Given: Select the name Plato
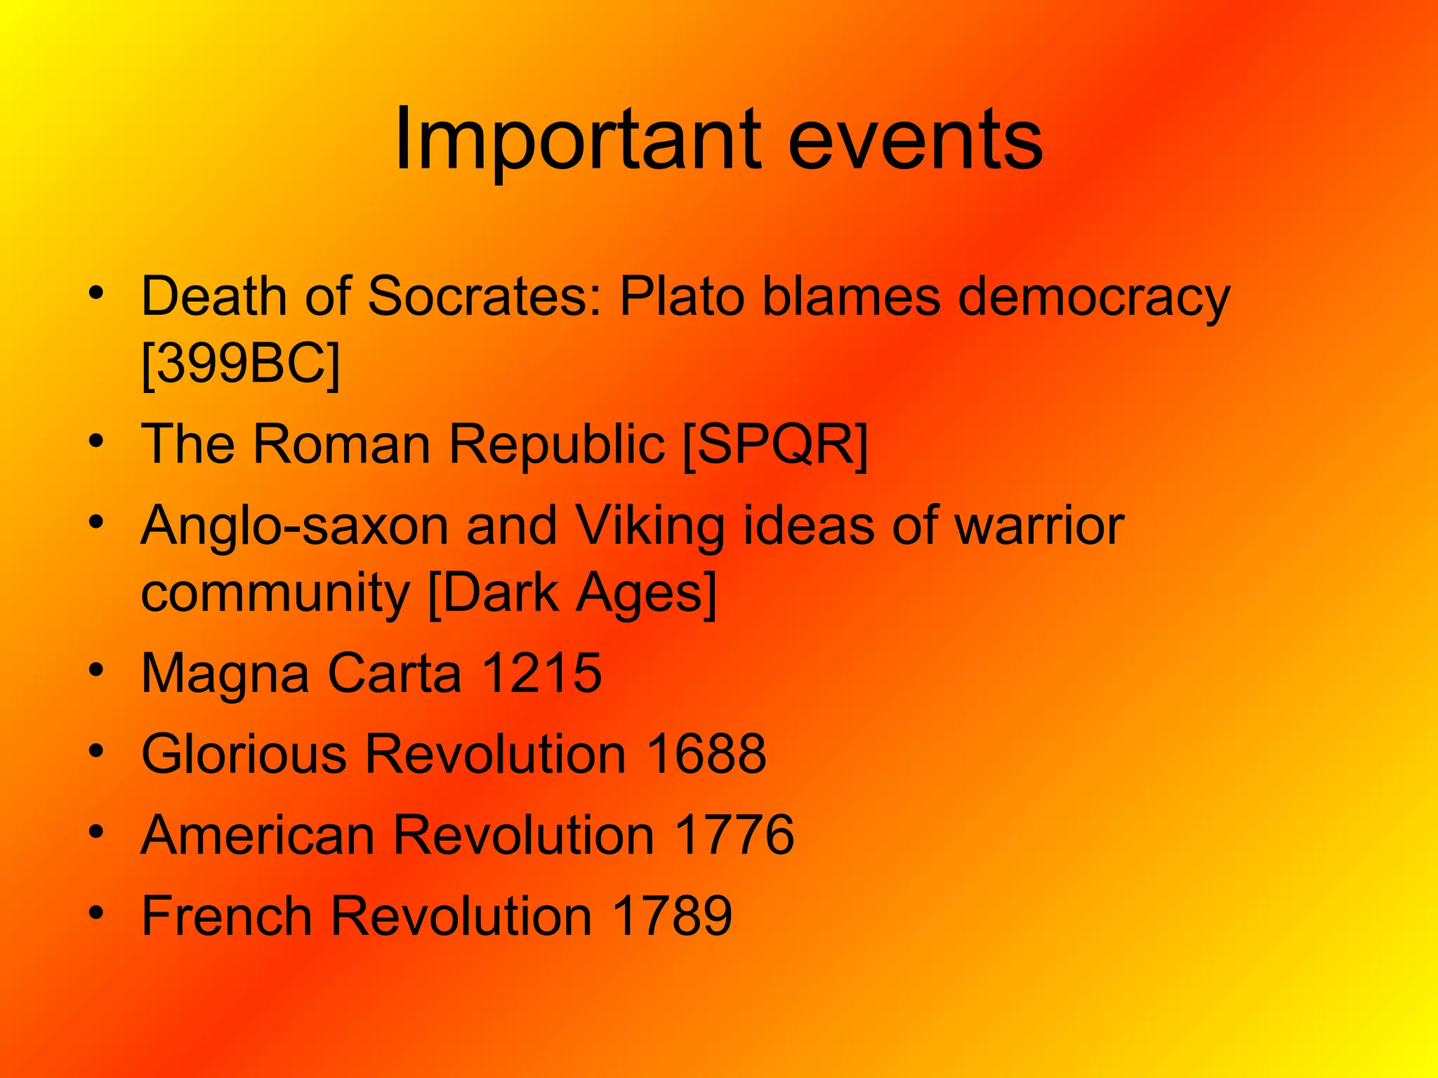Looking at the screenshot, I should pos(681,296).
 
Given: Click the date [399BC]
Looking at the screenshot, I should pos(240,364).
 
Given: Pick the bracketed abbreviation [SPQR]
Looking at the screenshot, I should pos(775,444).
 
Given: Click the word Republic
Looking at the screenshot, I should pos(556,444).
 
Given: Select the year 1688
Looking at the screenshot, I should pos(706,754).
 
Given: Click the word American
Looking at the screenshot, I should pos(258,834).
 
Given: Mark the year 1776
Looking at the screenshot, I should pos(734,834).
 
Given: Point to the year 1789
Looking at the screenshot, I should pos(672,915).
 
